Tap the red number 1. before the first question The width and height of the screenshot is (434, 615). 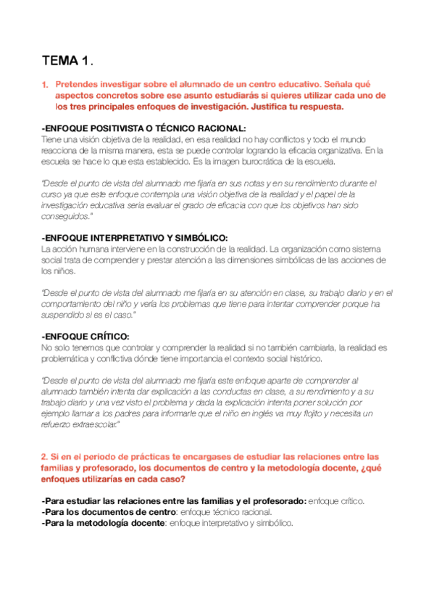[46, 86]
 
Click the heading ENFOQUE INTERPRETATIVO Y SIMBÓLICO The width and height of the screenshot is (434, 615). [135, 238]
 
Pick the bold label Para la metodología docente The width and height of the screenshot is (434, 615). [104, 523]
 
